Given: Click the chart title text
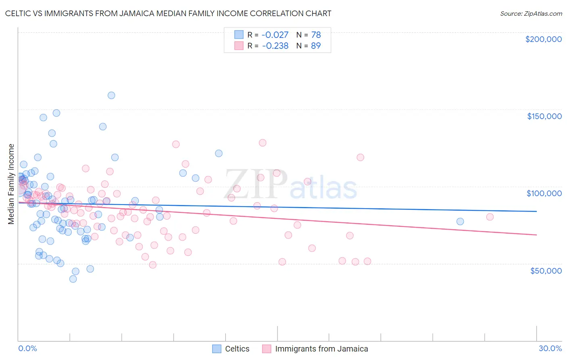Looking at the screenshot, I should coord(168,13).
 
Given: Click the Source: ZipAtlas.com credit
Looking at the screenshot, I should coord(531,13).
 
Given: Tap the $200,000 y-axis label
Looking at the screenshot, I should coord(543,39).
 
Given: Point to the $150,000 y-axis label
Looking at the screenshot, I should coord(544,116).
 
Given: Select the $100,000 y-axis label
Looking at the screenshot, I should coord(544,193).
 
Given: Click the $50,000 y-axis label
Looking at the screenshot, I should coord(546,270).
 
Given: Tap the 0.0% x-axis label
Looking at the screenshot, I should coord(27,348).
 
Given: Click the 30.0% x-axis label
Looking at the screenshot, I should coord(550,348).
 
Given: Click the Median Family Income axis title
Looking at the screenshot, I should coord(11,184).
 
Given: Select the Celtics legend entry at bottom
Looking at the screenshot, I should coord(237,349).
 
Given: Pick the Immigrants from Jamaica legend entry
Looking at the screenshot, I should coord(321,349).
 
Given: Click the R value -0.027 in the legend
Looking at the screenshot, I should coord(275,35).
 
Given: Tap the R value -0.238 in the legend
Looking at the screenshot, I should coord(275,46).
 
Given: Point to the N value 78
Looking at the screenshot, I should coord(316,35).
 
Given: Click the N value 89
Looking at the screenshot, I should coord(316,46).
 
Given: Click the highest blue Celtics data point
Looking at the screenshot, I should coord(111,95).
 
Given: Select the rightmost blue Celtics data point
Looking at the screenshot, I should coord(460,221).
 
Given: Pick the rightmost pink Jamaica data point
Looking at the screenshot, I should coord(490,217).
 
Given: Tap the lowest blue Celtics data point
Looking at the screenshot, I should coord(73,279).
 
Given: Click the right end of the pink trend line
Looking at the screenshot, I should coord(536,234).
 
